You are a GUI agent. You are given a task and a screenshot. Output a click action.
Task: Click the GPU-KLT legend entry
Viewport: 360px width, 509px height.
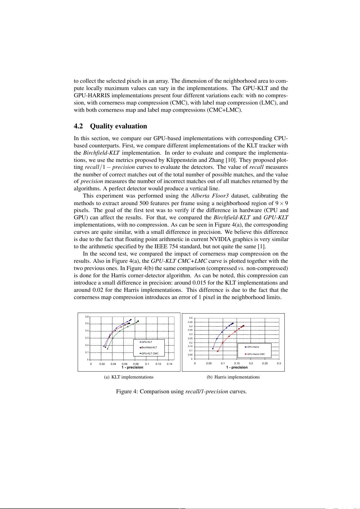(147, 342)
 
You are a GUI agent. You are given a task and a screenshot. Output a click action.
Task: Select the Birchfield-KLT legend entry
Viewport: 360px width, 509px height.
(149, 347)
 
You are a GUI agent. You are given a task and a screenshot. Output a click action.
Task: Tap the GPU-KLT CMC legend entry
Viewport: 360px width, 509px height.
(150, 353)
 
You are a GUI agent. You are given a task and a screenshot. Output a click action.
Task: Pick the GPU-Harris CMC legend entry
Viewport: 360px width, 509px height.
(255, 354)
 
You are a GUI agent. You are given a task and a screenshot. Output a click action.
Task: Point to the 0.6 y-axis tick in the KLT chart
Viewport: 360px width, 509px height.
(87, 317)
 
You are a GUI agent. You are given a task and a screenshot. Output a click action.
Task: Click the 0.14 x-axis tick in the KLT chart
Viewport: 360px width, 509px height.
(170, 364)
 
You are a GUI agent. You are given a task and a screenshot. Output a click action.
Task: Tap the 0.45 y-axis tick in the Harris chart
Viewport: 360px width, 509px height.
(190, 322)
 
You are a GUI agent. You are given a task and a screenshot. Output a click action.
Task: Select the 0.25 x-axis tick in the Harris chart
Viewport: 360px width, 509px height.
(265, 363)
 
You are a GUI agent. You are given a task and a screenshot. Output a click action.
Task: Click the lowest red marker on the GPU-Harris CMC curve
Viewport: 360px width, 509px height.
(218, 351)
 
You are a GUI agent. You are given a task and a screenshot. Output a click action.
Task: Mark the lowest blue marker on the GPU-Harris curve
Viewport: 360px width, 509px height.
(213, 348)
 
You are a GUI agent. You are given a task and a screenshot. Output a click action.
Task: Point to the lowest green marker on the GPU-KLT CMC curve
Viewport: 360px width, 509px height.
(108, 349)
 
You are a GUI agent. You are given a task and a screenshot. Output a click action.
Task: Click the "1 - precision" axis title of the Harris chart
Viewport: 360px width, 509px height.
(237, 367)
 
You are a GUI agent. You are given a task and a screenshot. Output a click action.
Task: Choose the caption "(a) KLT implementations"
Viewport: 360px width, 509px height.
(129, 377)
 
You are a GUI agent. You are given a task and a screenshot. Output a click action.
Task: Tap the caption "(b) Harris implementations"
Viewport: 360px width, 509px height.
(233, 377)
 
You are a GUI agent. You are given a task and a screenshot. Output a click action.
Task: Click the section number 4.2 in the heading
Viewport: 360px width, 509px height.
(78, 126)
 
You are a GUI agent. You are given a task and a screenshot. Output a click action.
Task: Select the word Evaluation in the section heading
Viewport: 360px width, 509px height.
(132, 126)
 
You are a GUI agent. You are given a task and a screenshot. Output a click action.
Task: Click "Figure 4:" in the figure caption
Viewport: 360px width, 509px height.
(127, 391)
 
